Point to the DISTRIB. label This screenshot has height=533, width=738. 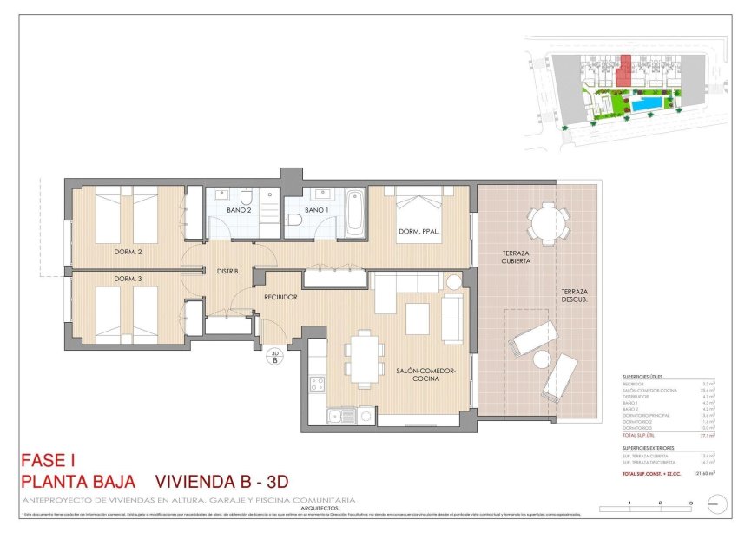227,271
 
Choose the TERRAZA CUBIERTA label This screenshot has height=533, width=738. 516,258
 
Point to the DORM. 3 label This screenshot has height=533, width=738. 128,279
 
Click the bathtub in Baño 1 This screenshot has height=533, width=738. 355,214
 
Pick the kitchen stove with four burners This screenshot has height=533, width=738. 317,383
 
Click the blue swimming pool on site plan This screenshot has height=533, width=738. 645,104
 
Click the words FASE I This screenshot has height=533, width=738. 49,461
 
